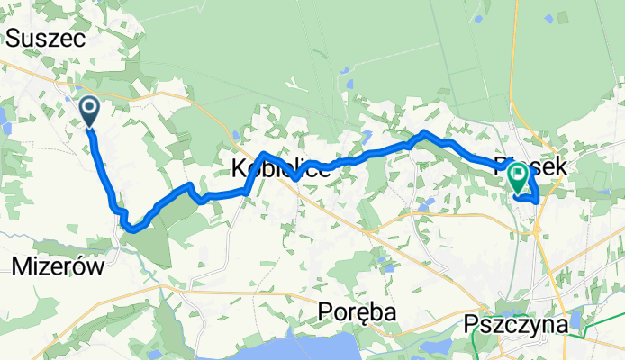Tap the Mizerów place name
[59, 265]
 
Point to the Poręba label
[357, 311]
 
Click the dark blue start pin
[91, 112]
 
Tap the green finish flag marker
[519, 176]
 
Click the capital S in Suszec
[14, 38]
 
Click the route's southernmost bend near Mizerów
[131, 229]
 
